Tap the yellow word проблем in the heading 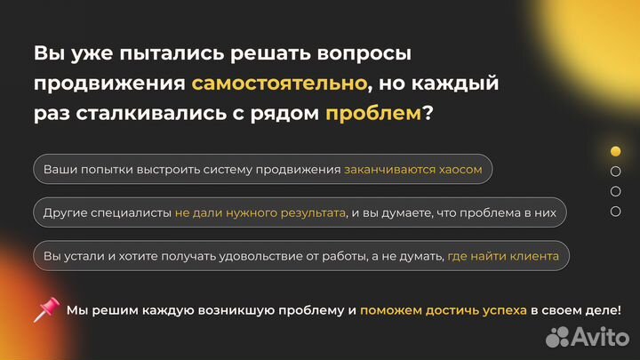click(372, 114)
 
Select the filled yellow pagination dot click(615, 151)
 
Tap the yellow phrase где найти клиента click(503, 256)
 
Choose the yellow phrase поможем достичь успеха click(443, 310)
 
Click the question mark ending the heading click(428, 114)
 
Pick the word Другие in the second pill click(63, 212)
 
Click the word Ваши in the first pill click(59, 169)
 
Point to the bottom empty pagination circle click(615, 212)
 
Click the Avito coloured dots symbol click(558, 336)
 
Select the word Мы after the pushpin click(76, 310)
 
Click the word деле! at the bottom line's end click(604, 310)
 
